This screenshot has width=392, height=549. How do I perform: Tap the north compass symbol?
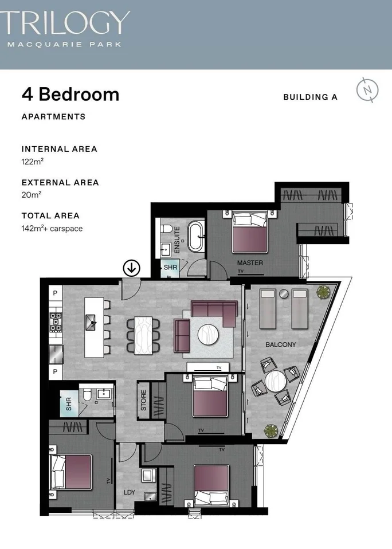pos(367,90)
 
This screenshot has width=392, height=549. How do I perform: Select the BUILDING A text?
pos(310,97)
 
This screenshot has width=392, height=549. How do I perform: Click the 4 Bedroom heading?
pos(70,94)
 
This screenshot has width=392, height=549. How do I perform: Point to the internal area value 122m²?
pos(32,162)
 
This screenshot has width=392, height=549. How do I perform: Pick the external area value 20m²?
pos(31,195)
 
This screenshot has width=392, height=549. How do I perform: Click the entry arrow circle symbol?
pos(132,268)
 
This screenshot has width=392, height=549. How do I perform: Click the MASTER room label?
pos(250,263)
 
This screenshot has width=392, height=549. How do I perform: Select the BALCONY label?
pos(280,344)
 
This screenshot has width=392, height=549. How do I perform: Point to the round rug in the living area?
pos(208,334)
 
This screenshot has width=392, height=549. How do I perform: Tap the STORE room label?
pos(143,400)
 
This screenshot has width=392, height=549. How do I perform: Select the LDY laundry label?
pos(130,492)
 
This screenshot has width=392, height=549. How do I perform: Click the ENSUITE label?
pos(177,240)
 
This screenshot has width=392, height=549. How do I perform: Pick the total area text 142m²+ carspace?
pos(52,228)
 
